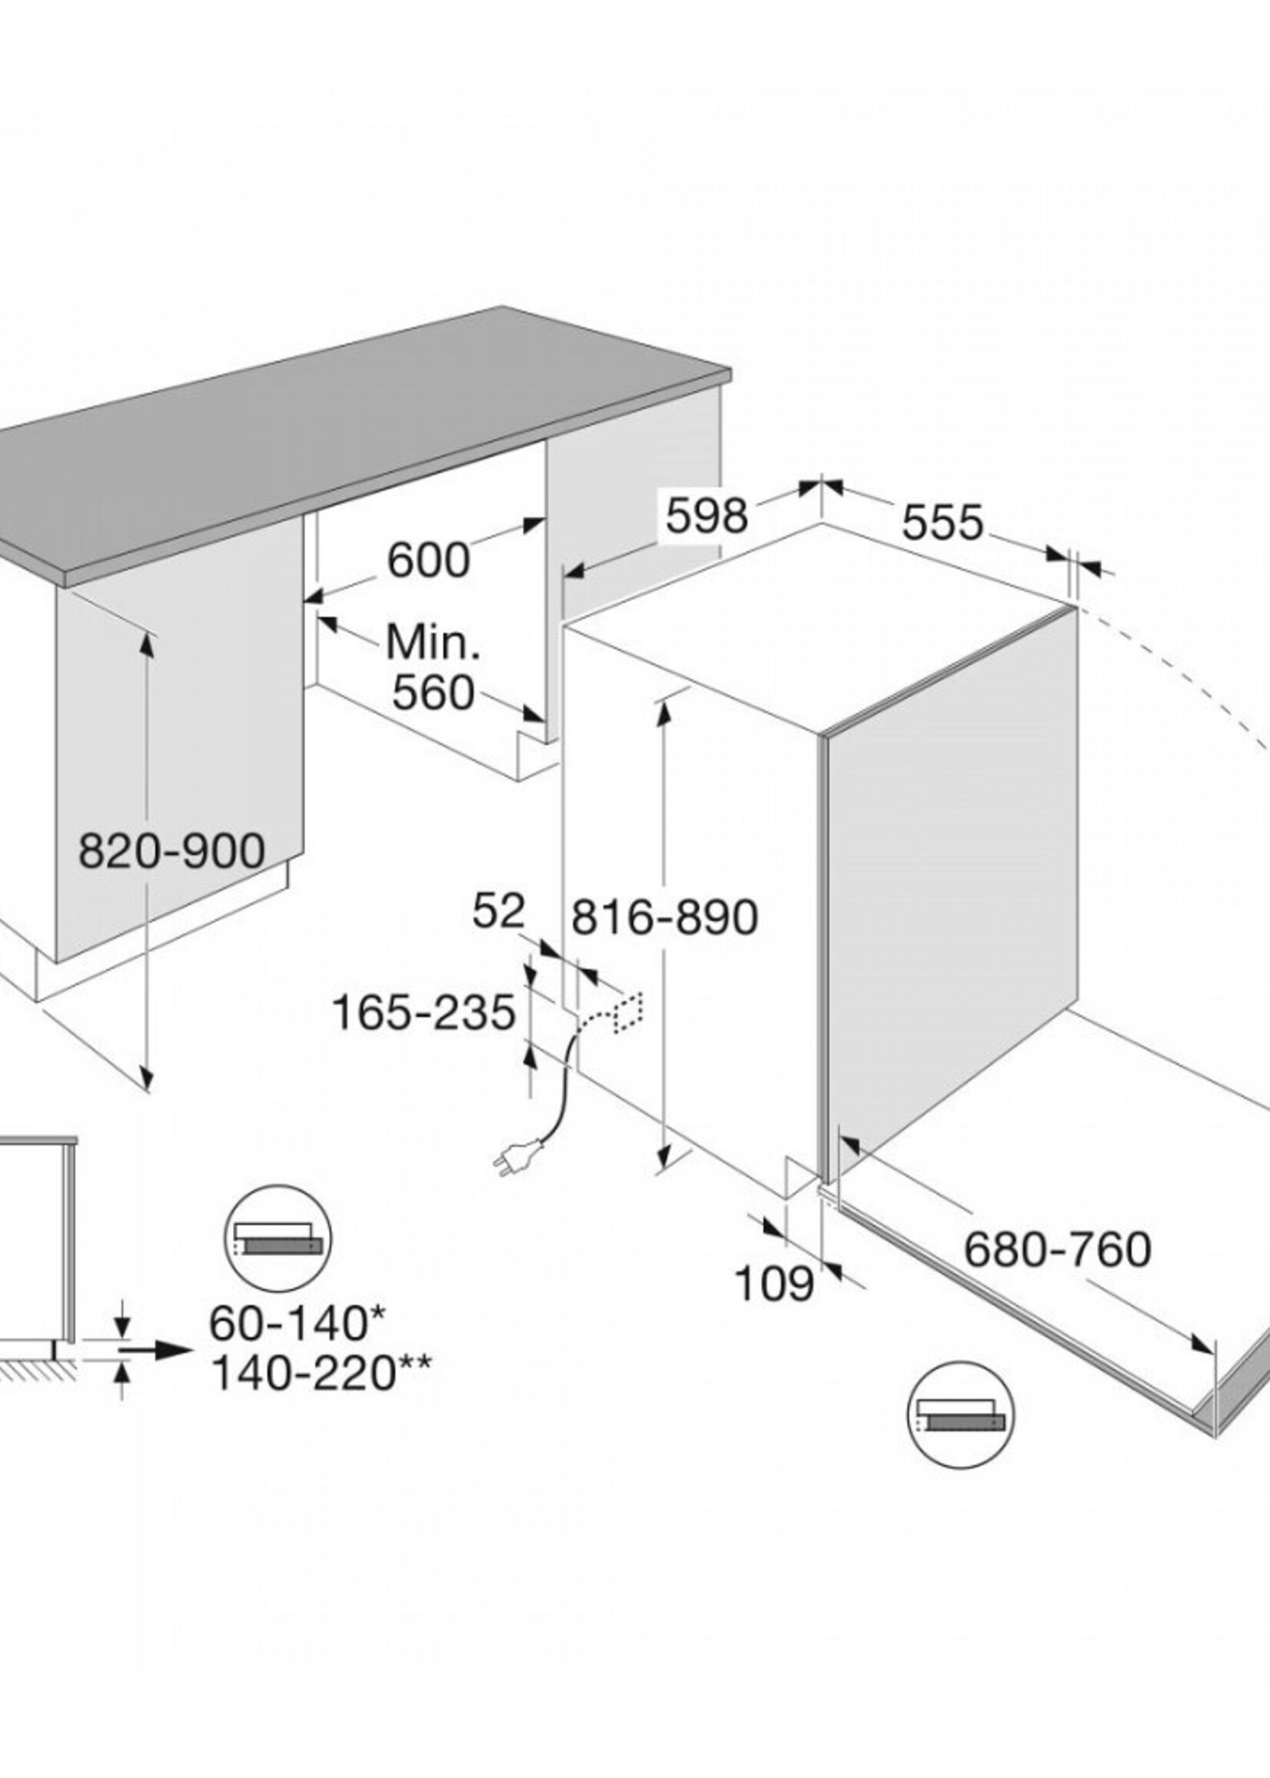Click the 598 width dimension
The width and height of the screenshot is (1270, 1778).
point(707,515)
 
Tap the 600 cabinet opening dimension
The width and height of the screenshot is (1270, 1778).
point(429,560)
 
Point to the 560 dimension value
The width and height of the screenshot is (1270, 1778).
point(434,692)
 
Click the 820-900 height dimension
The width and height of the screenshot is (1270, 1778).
point(172,851)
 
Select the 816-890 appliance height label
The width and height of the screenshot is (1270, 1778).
point(665,916)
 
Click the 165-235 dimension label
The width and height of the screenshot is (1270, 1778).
point(424,1012)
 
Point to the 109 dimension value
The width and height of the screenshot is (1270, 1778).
point(774,1284)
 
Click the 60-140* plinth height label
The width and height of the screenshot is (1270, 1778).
point(298,1323)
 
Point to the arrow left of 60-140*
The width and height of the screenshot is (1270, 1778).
point(156,1351)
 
